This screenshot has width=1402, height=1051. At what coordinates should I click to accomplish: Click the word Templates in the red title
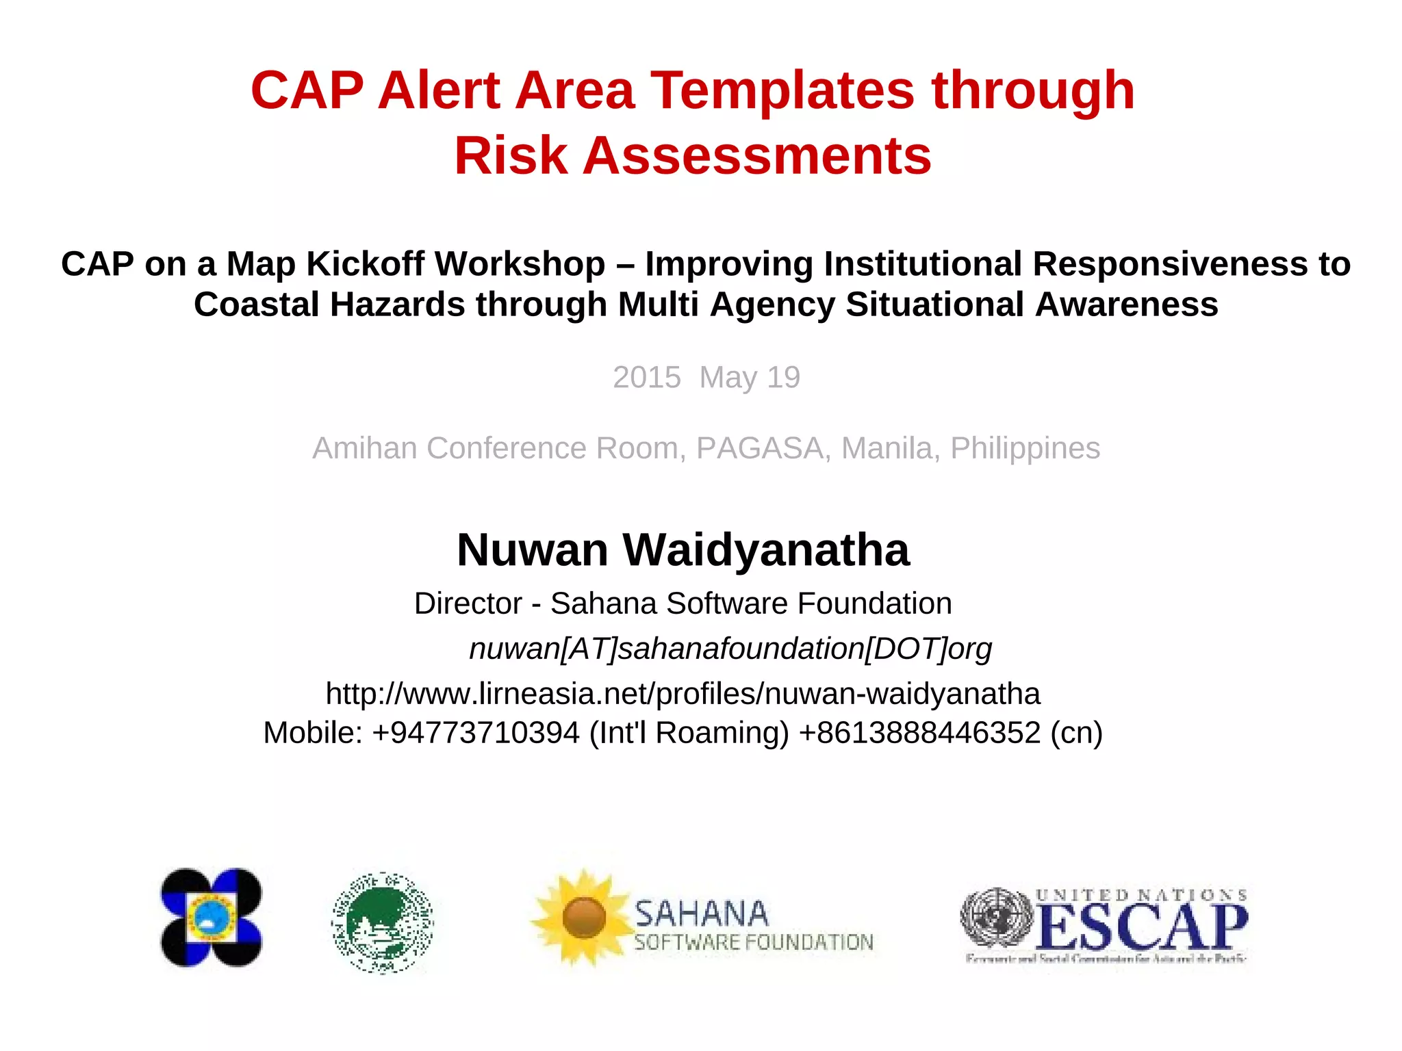pyautogui.click(x=782, y=91)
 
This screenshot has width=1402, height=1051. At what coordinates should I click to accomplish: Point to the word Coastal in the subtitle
pyautogui.click(x=256, y=304)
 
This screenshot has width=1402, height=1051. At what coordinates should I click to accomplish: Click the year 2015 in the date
pyautogui.click(x=646, y=378)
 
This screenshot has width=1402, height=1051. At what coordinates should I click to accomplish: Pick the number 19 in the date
pyautogui.click(x=783, y=378)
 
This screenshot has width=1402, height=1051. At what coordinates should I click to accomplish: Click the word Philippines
pyautogui.click(x=1025, y=449)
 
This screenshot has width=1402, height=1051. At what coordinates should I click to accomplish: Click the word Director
pyautogui.click(x=468, y=604)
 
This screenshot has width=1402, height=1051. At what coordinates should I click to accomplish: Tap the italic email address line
pyautogui.click(x=730, y=649)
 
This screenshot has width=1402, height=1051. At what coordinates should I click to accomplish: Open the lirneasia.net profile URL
pyautogui.click(x=683, y=694)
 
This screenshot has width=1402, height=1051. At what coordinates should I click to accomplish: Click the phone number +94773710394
pyautogui.click(x=476, y=733)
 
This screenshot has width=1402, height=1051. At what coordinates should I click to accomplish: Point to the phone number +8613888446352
pyautogui.click(x=919, y=733)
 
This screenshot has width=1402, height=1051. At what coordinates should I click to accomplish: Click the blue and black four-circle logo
pyautogui.click(x=211, y=918)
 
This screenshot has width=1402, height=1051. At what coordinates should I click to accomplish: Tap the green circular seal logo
pyautogui.click(x=383, y=922)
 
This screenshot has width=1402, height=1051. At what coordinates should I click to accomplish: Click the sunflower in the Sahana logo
pyautogui.click(x=583, y=917)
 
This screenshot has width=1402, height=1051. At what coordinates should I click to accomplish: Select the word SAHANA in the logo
pyautogui.click(x=701, y=914)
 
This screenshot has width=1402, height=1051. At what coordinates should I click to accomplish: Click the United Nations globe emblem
pyautogui.click(x=997, y=918)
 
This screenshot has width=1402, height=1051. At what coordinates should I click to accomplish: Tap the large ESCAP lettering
pyautogui.click(x=1141, y=926)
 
